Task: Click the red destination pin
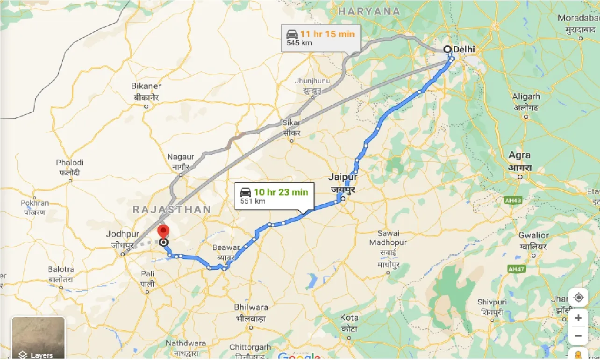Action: point(163,231)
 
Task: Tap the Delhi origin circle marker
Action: point(447,49)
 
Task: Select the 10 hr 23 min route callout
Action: point(274,196)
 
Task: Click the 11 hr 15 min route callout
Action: point(321,38)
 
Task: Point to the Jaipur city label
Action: point(343,177)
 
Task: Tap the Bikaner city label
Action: point(147,86)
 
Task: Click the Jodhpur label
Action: point(123,234)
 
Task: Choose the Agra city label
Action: point(520,155)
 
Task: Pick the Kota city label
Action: point(349,317)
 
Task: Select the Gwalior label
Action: point(534,235)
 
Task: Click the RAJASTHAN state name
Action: point(172,209)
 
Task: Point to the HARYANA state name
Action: point(369,11)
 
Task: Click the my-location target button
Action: point(579,297)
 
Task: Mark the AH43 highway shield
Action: point(513,200)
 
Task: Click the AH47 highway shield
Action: point(516,269)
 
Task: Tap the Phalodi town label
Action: point(70,163)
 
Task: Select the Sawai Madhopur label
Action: point(388,238)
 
